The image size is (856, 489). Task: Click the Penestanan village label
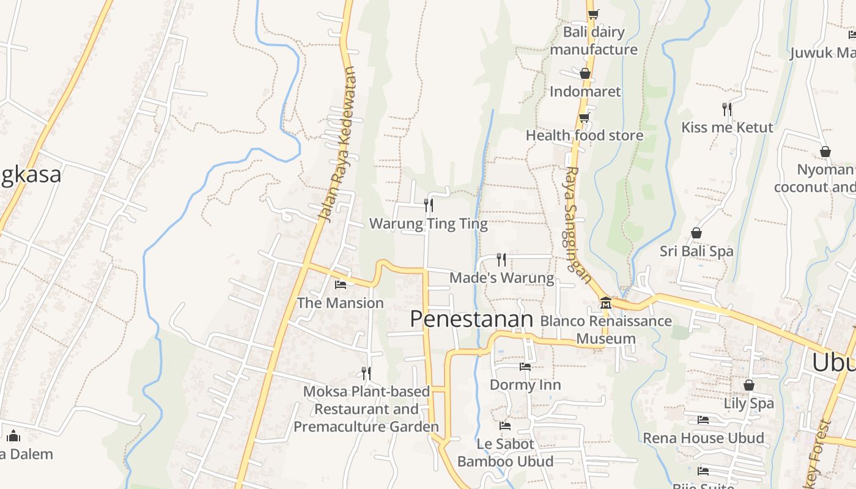click(x=471, y=319)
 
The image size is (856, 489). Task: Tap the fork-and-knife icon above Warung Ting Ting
click(x=429, y=205)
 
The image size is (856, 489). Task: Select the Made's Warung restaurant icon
click(x=501, y=260)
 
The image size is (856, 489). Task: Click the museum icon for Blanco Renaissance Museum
click(x=605, y=303)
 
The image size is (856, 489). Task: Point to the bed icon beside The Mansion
click(x=341, y=284)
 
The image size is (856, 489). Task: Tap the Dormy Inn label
click(x=525, y=385)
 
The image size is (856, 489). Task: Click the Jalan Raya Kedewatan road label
click(x=337, y=144)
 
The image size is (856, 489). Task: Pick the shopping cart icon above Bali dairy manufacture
click(x=593, y=14)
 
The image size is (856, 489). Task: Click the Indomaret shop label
click(x=585, y=92)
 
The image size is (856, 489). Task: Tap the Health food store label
click(x=585, y=136)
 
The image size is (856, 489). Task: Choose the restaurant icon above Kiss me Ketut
click(x=726, y=109)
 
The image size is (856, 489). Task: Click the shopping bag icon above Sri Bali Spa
click(x=696, y=233)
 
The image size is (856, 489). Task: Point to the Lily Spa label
click(x=748, y=403)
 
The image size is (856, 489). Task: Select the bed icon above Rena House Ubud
click(x=703, y=420)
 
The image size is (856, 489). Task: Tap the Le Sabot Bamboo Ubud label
click(x=505, y=452)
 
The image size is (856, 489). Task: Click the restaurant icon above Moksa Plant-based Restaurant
click(x=366, y=373)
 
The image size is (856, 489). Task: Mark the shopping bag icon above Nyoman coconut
click(x=825, y=151)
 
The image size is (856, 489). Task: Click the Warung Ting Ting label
click(x=428, y=224)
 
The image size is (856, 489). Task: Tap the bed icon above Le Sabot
click(x=505, y=425)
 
